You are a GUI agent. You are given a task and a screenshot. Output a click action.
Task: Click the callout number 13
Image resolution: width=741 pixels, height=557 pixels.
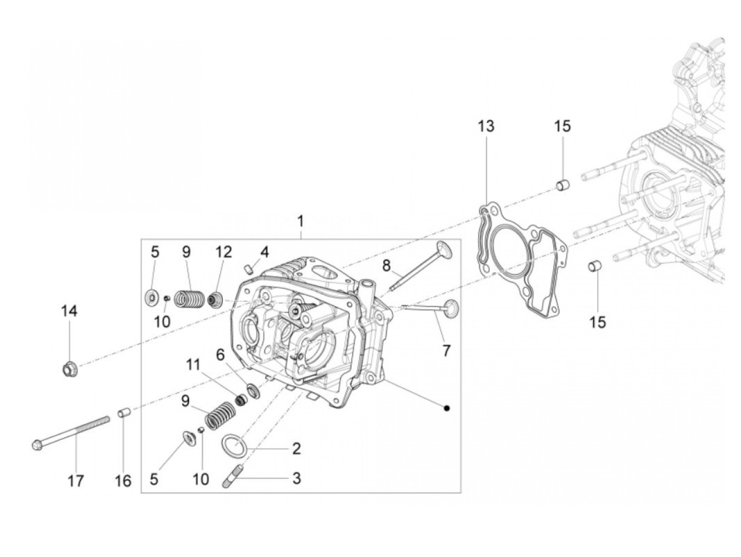coord(486,127)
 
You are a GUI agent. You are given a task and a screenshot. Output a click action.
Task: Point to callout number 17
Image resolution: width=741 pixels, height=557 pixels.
coord(76,481)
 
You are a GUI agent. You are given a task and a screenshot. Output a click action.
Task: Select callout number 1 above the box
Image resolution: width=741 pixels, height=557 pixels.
coord(301,221)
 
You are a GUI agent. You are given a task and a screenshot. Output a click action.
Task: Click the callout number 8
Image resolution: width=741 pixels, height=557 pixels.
coord(387,265)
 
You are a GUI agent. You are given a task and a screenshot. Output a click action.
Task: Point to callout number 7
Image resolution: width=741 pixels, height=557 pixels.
coord(446,350)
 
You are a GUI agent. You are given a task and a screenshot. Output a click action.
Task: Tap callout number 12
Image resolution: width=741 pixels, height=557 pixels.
coord(223,252)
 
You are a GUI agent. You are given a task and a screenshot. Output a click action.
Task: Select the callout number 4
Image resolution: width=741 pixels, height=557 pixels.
coord(264,251)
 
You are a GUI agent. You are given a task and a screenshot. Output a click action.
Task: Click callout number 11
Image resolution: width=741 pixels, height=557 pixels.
coord(193,365)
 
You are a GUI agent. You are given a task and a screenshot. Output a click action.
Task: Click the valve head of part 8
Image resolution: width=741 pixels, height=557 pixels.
coord(444,248)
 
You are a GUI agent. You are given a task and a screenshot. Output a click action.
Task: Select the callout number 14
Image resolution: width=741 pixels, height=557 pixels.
coord(69,311)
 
